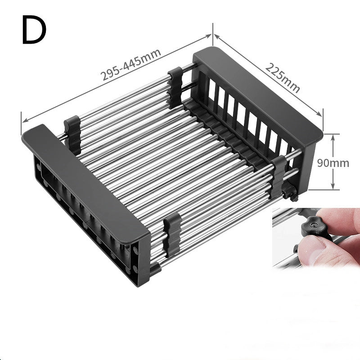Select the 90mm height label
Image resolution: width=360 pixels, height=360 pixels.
pos(333,163)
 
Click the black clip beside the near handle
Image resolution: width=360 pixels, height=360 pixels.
pos(72,130)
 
